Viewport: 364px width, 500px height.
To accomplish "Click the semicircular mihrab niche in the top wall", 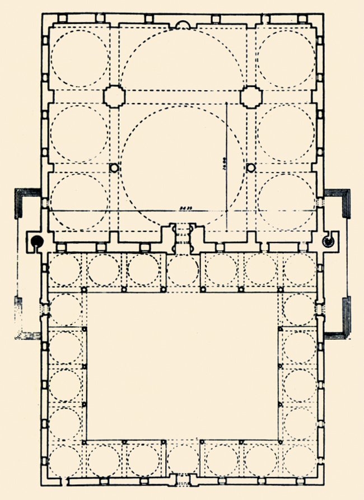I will (183, 24).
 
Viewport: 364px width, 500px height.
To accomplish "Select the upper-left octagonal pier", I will (114, 96).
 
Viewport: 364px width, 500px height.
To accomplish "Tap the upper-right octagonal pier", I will (251, 96).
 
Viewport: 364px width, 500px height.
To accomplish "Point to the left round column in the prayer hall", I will (114, 167).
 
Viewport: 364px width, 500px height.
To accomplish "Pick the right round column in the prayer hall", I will (251, 167).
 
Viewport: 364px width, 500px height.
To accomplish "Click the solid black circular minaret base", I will (36, 241).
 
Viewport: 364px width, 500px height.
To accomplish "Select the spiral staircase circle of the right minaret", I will (328, 241).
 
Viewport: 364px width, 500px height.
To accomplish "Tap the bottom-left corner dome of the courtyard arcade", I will (65, 461).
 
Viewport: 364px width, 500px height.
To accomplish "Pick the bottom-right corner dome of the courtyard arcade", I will (301, 461).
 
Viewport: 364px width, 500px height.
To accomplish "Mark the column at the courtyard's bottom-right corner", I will (280, 442).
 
